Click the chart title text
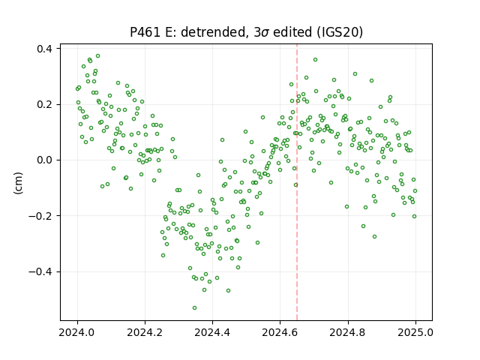click(246, 32)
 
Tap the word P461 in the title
click(145, 32)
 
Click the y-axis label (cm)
click(18, 183)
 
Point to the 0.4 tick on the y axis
click(44, 49)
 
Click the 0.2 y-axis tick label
click(44, 105)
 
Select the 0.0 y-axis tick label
click(44, 160)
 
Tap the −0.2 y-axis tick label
click(40, 216)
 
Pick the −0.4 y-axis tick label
click(40, 271)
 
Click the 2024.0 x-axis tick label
click(77, 332)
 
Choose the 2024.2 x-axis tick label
click(145, 332)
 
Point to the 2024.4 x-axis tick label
click(212, 332)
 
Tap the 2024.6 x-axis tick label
click(280, 332)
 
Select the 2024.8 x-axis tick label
click(348, 332)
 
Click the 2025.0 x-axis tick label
click(415, 332)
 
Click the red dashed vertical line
click(297, 182)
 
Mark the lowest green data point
click(194, 307)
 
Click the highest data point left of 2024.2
click(98, 56)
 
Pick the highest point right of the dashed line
click(315, 60)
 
